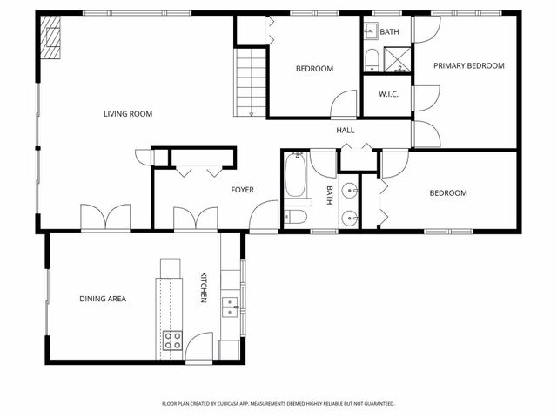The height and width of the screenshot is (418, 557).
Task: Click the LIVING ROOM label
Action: [128, 113]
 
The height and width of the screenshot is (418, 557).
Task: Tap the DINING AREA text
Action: [103, 299]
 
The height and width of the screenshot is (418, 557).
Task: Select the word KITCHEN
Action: [204, 287]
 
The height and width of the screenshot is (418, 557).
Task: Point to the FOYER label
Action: [241, 190]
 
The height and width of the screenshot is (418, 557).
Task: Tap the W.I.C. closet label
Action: [387, 94]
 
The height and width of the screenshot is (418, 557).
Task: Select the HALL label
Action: [346, 131]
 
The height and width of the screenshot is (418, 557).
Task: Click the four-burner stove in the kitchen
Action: [172, 340]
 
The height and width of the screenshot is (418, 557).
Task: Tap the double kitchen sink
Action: [230, 306]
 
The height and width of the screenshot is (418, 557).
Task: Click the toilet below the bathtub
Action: [294, 218]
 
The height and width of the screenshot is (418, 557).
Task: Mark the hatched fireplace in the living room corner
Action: [51, 40]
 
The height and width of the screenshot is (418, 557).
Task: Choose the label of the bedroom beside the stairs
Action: [313, 69]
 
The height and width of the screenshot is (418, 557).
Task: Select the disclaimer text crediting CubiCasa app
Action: [278, 404]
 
